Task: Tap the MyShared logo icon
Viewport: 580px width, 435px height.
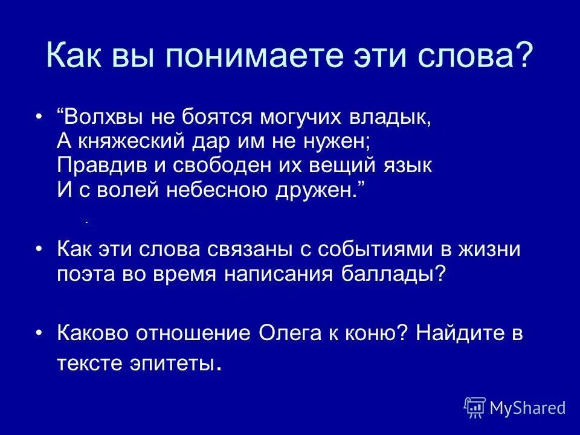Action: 475,407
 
